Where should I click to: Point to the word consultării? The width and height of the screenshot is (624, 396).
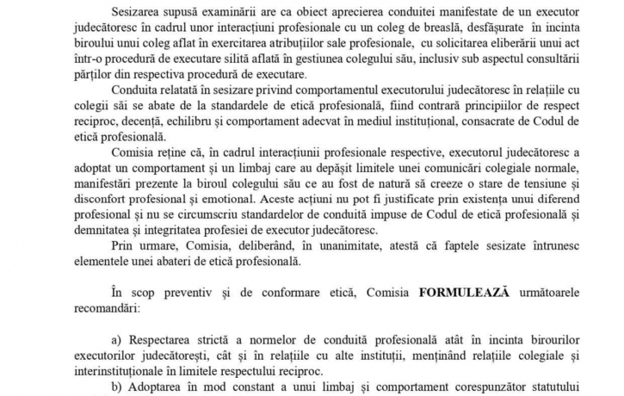(572, 67)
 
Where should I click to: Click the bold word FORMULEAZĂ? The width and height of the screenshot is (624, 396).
(465, 293)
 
